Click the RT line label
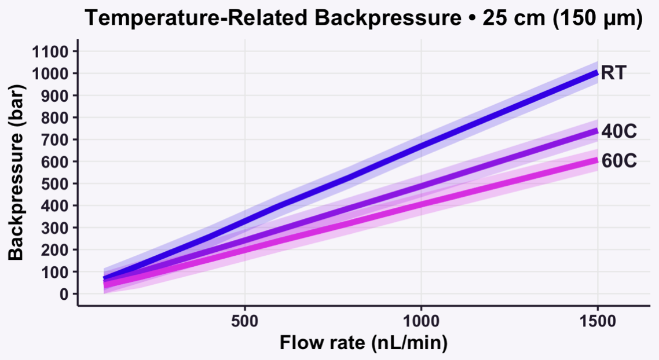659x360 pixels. pos(614,74)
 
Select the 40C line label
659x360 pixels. pos(619,131)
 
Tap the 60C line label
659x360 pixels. pos(619,160)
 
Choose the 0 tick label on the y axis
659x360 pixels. pos(64,294)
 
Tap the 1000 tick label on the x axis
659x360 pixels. pos(421,318)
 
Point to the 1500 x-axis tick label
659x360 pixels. pos(597,318)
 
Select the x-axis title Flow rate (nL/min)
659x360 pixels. pos(364,343)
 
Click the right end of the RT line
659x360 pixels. pos(597,73)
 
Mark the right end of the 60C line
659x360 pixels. pos(597,160)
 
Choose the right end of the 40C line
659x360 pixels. pos(597,131)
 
